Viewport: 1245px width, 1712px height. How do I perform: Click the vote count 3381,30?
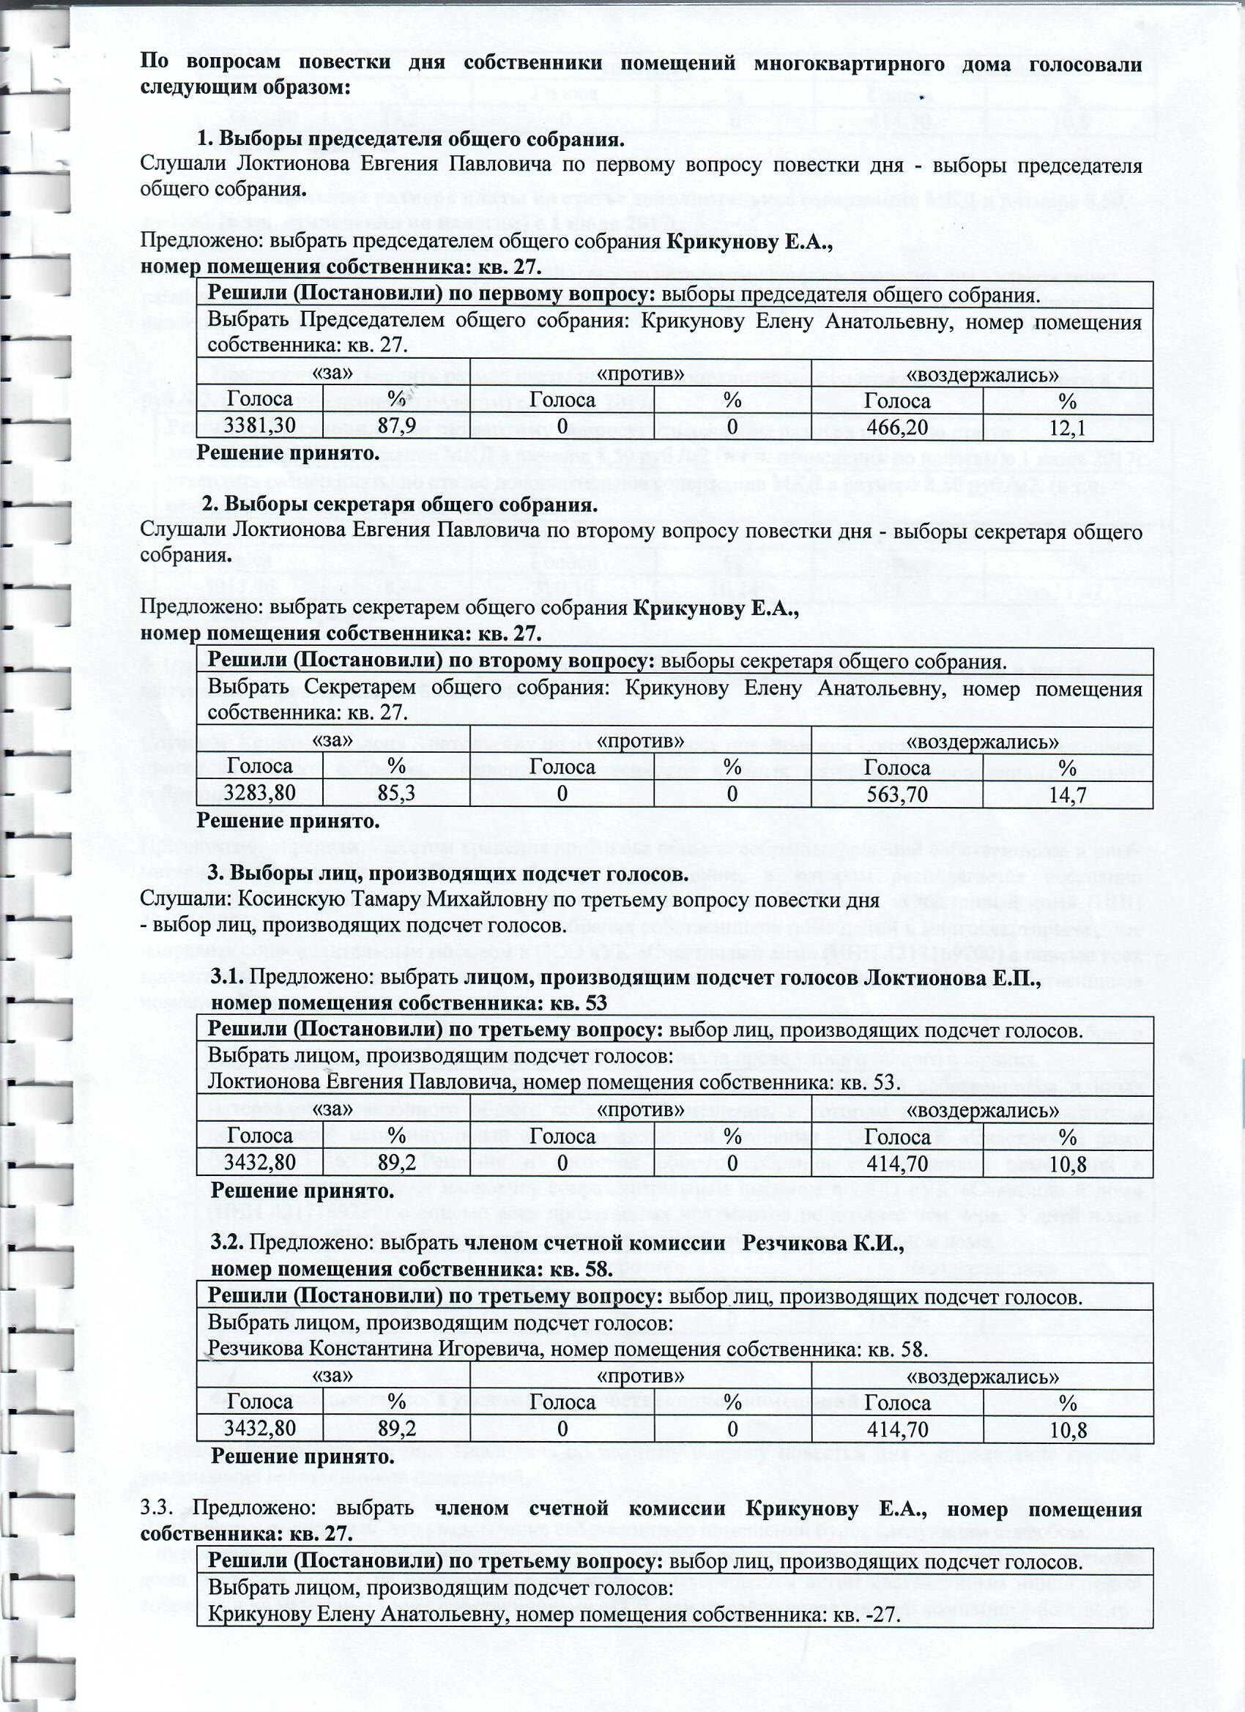[x=259, y=426]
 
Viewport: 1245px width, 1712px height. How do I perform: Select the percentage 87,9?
[x=396, y=426]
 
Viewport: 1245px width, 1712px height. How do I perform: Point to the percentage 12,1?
[x=1068, y=428]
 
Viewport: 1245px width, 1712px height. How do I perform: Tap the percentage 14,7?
[x=1068, y=796]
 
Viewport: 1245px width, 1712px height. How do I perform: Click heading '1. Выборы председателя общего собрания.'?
[x=411, y=141]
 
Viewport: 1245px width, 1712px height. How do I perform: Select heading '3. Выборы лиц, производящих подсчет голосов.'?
[x=447, y=874]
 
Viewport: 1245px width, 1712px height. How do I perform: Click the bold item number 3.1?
[x=226, y=980]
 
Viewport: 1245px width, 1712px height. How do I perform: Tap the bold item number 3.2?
[x=227, y=1243]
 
